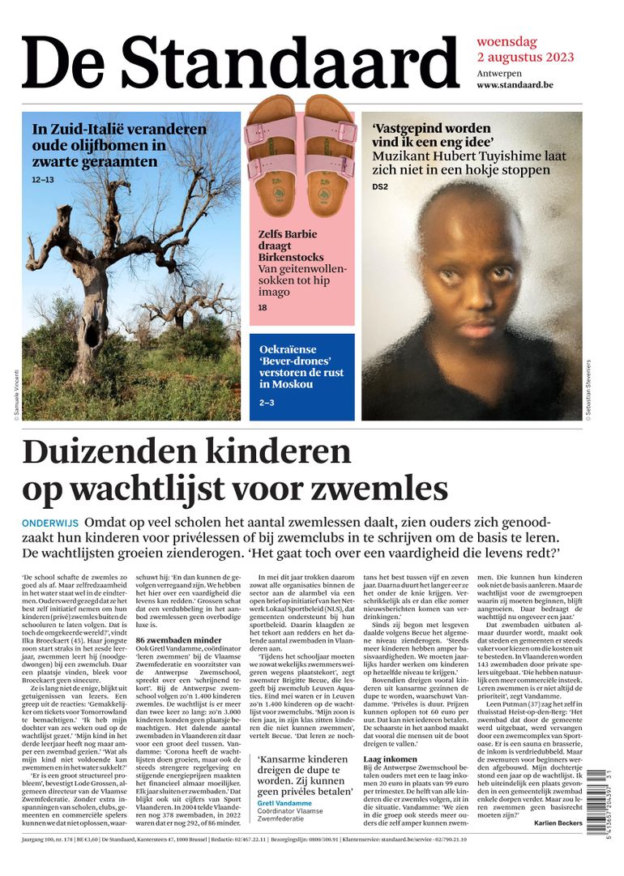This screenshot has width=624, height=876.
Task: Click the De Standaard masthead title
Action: [x=240, y=62]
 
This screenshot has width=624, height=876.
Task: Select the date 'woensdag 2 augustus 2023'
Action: [x=525, y=49]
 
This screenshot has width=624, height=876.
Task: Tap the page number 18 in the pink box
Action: [x=263, y=308]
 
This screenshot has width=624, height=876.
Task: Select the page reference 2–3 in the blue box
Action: [x=267, y=402]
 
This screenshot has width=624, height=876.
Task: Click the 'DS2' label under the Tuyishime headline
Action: [x=380, y=187]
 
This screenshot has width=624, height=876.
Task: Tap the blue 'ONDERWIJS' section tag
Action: [x=50, y=523]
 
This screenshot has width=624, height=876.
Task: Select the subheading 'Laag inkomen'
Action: [x=389, y=759]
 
